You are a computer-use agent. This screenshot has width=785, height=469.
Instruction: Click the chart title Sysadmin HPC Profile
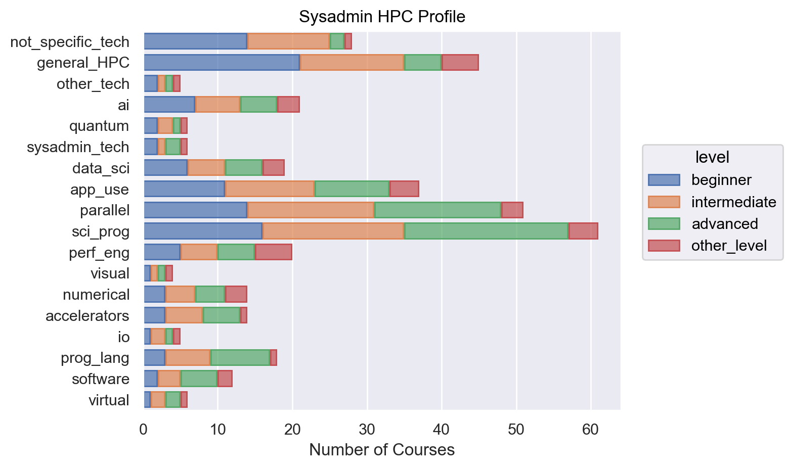pyautogui.click(x=382, y=17)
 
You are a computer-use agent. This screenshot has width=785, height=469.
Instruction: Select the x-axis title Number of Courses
pyautogui.click(x=382, y=449)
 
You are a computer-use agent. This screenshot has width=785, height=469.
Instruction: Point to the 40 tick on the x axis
pyautogui.click(x=442, y=430)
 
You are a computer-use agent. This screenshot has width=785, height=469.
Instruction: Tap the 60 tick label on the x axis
pyautogui.click(x=590, y=430)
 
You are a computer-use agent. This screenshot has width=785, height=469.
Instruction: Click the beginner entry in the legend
pyautogui.click(x=721, y=180)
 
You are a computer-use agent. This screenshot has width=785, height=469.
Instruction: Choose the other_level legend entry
pyautogui.click(x=729, y=246)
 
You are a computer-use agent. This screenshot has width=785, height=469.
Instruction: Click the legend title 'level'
pyautogui.click(x=712, y=157)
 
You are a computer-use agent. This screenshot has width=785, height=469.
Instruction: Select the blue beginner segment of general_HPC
pyautogui.click(x=222, y=63)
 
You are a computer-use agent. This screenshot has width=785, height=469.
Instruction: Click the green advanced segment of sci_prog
pyautogui.click(x=486, y=231)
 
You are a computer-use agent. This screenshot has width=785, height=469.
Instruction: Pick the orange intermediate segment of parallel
pyautogui.click(x=311, y=210)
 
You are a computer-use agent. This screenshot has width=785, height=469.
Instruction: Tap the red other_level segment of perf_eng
pyautogui.click(x=274, y=252)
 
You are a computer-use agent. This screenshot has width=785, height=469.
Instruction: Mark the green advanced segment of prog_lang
pyautogui.click(x=240, y=357)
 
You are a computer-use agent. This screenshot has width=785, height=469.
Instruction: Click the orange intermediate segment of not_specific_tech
pyautogui.click(x=288, y=41)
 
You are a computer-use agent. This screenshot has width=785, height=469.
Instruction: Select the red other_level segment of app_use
pyautogui.click(x=404, y=189)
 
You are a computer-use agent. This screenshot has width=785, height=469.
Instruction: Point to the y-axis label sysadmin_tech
pyautogui.click(x=78, y=147)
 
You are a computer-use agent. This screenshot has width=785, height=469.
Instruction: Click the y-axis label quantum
pyautogui.click(x=99, y=126)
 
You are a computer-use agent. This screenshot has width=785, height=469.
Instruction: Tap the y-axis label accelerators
pyautogui.click(x=88, y=316)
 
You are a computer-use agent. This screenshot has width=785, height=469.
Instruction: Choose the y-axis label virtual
pyautogui.click(x=109, y=400)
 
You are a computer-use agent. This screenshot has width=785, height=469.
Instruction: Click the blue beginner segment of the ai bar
pyautogui.click(x=169, y=105)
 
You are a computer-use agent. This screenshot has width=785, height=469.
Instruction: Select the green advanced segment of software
pyautogui.click(x=199, y=379)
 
